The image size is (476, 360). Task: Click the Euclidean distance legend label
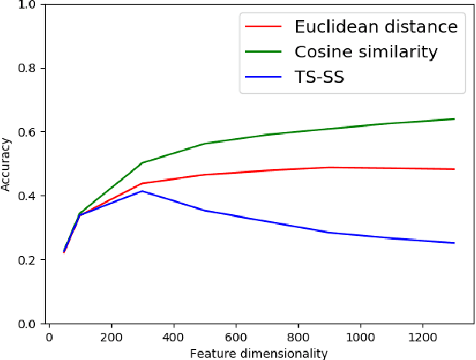pyautogui.click(x=377, y=27)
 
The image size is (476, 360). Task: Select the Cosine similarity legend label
pyautogui.click(x=366, y=52)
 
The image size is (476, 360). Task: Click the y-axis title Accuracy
pyautogui.click(x=7, y=164)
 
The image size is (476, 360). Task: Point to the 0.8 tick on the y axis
pyautogui.click(x=27, y=68)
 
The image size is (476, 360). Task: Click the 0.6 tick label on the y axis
pyautogui.click(x=27, y=132)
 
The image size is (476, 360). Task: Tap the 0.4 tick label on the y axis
pyautogui.click(x=27, y=196)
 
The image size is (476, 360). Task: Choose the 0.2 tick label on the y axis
pyautogui.click(x=27, y=260)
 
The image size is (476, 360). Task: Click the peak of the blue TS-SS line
pyautogui.click(x=142, y=191)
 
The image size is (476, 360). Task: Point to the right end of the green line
pyautogui.click(x=454, y=119)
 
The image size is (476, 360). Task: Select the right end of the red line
pyautogui.click(x=454, y=169)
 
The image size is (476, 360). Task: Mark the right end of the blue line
pyautogui.click(x=454, y=243)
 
